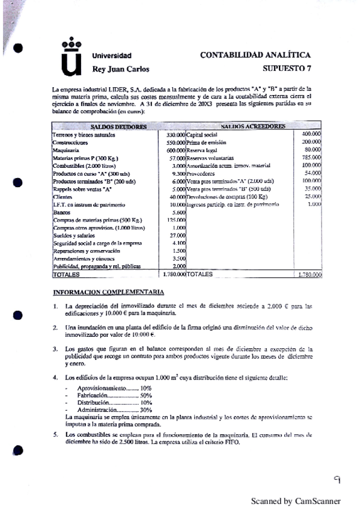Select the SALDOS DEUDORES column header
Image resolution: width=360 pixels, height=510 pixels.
click(x=118, y=127)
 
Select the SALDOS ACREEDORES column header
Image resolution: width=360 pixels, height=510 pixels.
click(x=245, y=127)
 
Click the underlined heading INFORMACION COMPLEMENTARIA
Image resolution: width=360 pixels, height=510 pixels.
click(x=109, y=292)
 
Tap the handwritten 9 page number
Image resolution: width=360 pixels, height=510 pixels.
click(x=338, y=479)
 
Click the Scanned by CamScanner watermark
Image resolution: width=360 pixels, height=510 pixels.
click(x=295, y=500)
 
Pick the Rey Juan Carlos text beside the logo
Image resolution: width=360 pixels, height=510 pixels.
click(x=120, y=69)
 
